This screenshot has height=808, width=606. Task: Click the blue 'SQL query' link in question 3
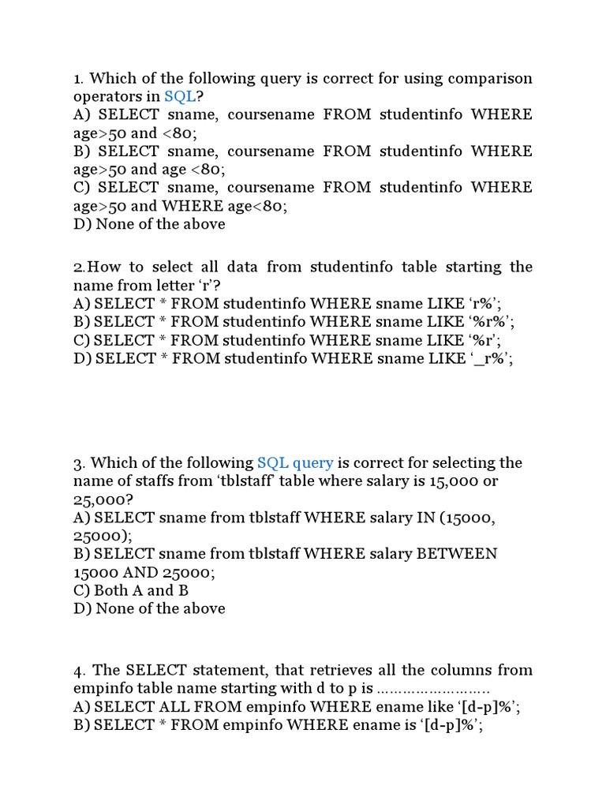pos(295,463)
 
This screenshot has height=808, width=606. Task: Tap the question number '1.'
pos(78,78)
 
